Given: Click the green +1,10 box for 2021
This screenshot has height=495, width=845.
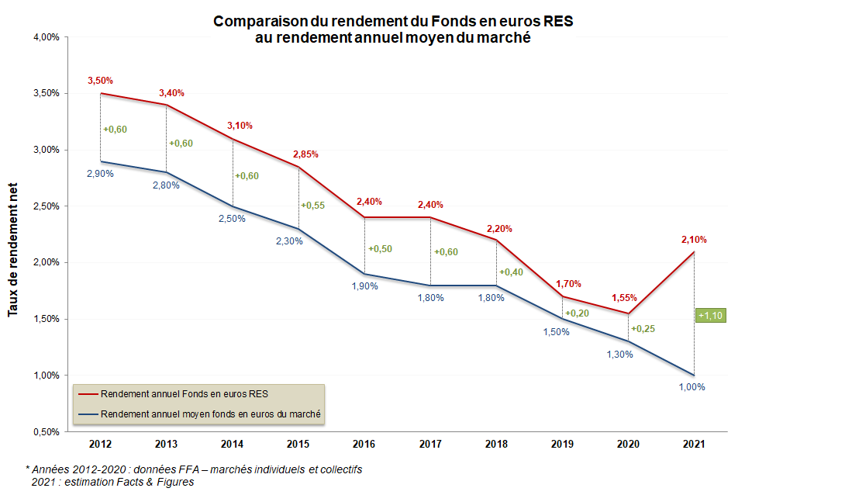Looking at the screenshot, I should (x=711, y=316).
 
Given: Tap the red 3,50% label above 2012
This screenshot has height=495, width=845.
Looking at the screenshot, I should (x=100, y=80).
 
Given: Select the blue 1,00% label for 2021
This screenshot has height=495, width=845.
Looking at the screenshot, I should (x=692, y=387).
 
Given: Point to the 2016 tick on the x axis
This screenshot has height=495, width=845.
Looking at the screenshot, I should (x=364, y=444).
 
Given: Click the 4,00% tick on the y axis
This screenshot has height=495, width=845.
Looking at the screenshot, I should (x=46, y=36).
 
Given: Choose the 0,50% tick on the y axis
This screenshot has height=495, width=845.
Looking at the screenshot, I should (x=46, y=431).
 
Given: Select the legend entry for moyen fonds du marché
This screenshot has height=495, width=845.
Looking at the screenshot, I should (x=211, y=414).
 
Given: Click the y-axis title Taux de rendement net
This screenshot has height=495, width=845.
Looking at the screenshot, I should (x=13, y=248).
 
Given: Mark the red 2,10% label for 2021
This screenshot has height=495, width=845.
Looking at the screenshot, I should (x=694, y=240).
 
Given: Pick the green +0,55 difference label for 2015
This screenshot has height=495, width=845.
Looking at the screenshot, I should (x=312, y=206).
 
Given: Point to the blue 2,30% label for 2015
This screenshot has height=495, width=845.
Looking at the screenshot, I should (x=289, y=241).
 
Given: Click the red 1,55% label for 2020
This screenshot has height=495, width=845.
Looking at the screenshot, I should (x=624, y=297).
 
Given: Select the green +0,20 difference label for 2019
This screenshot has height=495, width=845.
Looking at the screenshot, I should (x=577, y=313).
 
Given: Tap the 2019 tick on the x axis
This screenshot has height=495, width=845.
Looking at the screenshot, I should (x=561, y=444).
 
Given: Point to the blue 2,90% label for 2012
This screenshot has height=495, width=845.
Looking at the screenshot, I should (x=100, y=174).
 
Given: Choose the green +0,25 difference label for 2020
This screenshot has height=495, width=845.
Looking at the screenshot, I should (x=643, y=329).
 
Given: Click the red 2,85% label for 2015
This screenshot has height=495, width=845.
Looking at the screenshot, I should (x=305, y=154).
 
